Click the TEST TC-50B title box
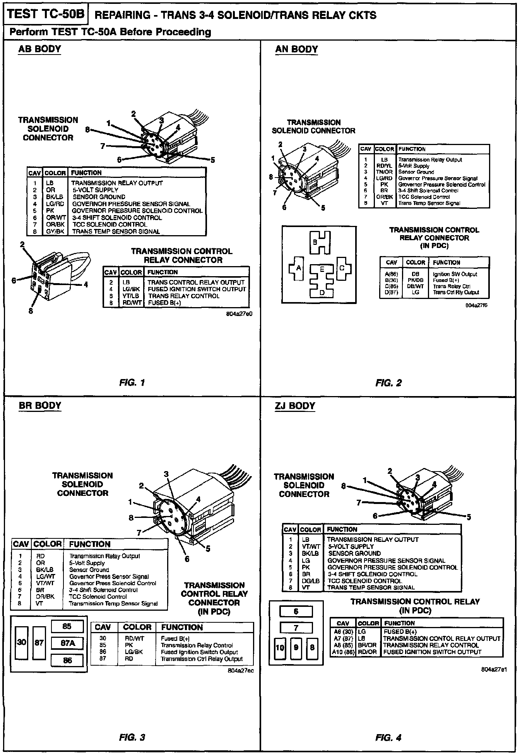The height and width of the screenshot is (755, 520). (x=45, y=14)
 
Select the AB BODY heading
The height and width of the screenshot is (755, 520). (x=40, y=49)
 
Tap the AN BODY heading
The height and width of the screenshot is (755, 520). (x=296, y=50)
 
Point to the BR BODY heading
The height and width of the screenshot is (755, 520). (x=40, y=405)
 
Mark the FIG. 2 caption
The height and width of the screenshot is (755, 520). (x=388, y=383)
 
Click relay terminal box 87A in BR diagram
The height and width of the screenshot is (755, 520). (x=67, y=643)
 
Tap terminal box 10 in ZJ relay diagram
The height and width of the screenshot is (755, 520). (x=280, y=647)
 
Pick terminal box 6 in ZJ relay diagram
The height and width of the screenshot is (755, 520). (x=296, y=612)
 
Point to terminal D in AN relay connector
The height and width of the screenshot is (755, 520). (x=322, y=292)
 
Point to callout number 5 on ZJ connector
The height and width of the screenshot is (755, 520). (x=469, y=517)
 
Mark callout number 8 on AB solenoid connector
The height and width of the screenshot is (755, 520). (x=87, y=130)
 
